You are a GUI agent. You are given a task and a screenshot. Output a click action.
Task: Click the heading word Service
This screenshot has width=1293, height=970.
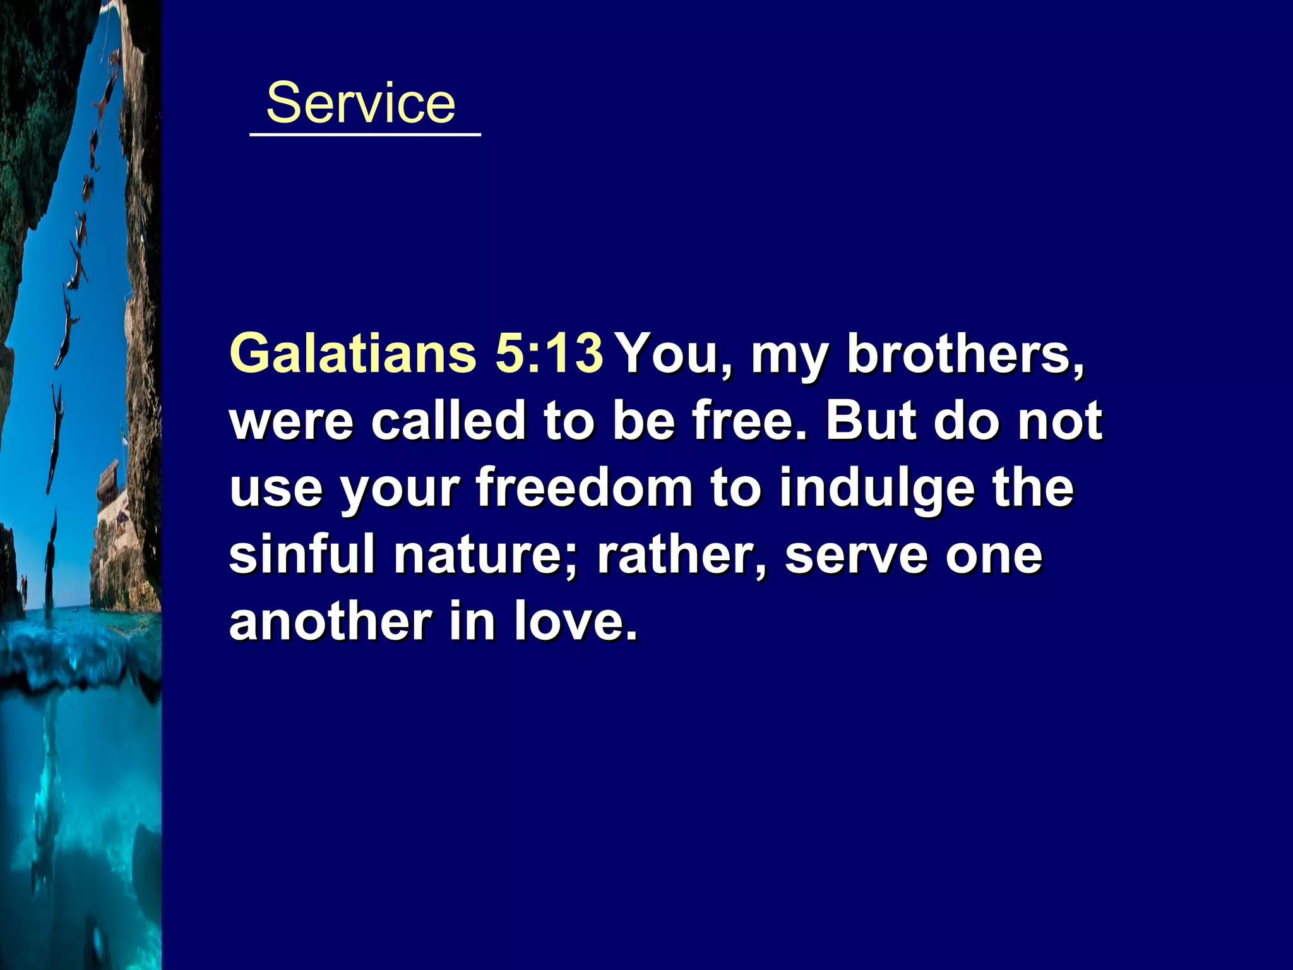coord(360,103)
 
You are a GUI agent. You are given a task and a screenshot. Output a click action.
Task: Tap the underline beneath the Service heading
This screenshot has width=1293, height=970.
coord(365,135)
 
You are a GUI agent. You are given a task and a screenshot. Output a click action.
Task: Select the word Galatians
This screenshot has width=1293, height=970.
coord(353,353)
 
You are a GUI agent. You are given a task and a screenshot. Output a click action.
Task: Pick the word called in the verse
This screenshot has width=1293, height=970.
coord(448,421)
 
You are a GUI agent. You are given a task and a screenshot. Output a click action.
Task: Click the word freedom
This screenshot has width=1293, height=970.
coord(585,488)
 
